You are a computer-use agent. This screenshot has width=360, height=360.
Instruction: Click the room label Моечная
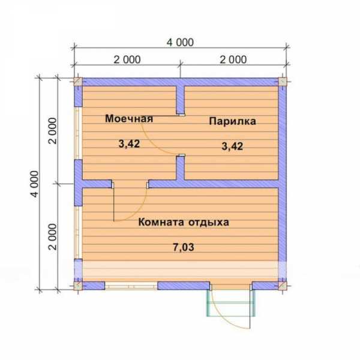point(129,118)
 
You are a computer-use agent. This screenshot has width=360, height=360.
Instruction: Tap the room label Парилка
point(232,121)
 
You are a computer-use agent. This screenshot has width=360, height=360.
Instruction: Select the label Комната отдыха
point(184,222)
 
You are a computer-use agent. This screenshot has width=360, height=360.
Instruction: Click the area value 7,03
point(183,247)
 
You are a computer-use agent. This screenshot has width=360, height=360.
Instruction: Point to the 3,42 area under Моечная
point(129,144)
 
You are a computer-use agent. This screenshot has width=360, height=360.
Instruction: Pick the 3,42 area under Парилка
point(232,146)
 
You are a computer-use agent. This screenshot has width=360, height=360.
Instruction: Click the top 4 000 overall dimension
point(180,43)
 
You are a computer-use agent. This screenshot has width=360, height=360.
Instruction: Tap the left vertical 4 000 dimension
point(35,184)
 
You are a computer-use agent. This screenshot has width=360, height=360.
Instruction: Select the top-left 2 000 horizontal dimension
point(127,59)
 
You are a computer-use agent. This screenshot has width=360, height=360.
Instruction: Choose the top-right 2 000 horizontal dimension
point(233,59)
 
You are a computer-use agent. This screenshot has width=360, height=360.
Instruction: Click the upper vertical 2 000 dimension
point(52,131)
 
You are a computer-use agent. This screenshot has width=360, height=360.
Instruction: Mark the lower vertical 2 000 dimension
point(52,237)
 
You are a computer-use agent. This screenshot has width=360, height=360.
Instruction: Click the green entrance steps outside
point(231,303)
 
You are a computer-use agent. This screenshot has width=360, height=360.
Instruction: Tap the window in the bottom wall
point(131,286)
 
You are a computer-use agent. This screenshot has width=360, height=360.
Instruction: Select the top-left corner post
point(78,82)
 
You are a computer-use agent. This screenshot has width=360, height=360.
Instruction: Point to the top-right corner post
point(283,82)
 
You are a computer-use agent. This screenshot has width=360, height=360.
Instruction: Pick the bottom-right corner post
point(283,286)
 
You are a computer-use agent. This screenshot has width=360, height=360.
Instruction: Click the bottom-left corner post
point(78,286)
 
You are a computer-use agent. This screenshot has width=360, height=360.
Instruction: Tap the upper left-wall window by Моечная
point(77,133)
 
